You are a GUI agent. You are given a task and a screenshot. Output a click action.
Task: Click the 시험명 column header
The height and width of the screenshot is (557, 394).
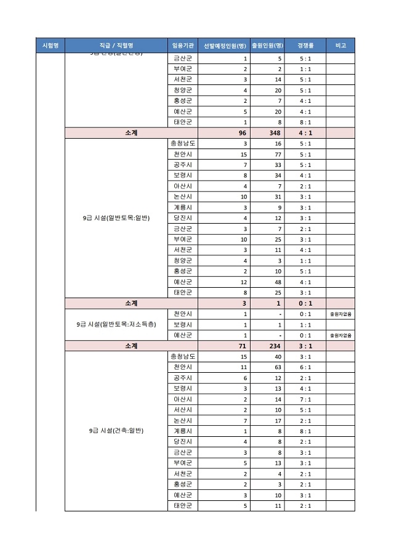pyautogui.click(x=50, y=46)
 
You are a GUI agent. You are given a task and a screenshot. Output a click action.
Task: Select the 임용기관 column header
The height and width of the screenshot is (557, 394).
pyautogui.click(x=183, y=46)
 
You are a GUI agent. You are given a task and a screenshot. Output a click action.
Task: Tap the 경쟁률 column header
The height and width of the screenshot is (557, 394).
pyautogui.click(x=305, y=46)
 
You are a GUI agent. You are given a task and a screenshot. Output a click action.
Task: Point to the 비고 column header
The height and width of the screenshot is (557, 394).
pyautogui.click(x=340, y=46)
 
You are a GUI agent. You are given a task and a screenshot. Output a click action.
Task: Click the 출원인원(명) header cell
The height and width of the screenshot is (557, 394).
pyautogui.click(x=267, y=46)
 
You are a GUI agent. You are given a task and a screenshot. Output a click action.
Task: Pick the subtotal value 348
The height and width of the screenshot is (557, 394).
pyautogui.click(x=275, y=132)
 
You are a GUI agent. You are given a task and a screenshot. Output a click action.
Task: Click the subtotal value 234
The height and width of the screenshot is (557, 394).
pyautogui.click(x=275, y=346)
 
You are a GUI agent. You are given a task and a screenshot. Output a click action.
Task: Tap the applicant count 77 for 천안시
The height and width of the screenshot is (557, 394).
pyautogui.click(x=278, y=154)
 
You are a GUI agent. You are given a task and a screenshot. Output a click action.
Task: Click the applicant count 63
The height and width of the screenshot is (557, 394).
pyautogui.click(x=278, y=367)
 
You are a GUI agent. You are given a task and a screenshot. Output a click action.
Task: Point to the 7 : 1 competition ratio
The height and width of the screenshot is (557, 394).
pyautogui.click(x=305, y=399)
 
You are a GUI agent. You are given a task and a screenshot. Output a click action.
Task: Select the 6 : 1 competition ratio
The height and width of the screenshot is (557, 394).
pyautogui.click(x=305, y=367)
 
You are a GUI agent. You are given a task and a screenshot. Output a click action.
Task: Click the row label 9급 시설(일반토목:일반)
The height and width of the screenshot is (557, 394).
pyautogui.click(x=116, y=218)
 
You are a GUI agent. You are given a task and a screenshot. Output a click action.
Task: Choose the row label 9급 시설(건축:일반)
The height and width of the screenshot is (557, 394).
pyautogui.click(x=116, y=431)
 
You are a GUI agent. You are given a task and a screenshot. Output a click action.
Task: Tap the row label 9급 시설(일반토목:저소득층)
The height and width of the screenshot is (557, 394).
pyautogui.click(x=116, y=325)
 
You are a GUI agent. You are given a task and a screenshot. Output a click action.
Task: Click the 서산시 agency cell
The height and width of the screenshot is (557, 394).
pyautogui.click(x=183, y=410)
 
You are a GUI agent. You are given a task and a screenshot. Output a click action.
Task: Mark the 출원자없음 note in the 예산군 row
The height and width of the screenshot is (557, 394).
pyautogui.click(x=340, y=336)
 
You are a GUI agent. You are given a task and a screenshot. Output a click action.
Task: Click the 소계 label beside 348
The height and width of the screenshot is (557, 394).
pyautogui.click(x=131, y=132)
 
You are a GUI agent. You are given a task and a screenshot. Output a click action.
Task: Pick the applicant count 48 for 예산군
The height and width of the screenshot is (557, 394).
pyautogui.click(x=278, y=282)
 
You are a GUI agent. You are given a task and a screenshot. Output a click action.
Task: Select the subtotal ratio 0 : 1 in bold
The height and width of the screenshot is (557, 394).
pyautogui.click(x=305, y=303)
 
